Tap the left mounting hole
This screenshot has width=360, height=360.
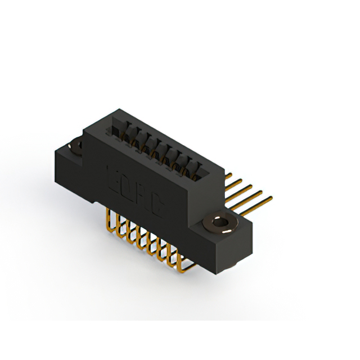[x=75, y=147]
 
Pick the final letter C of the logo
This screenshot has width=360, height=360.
[x=156, y=204]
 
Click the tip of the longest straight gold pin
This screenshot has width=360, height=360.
[x=271, y=197]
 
